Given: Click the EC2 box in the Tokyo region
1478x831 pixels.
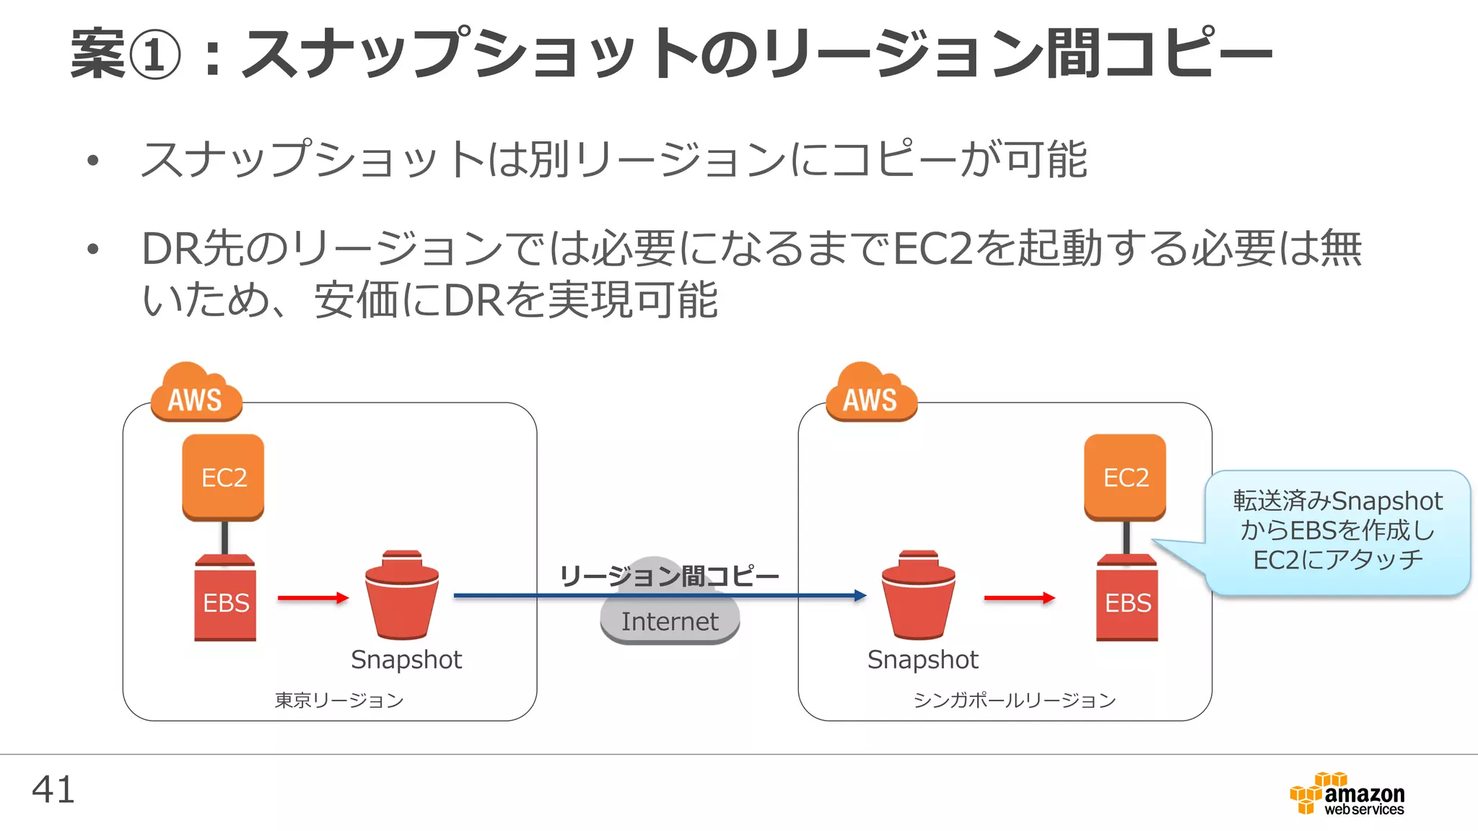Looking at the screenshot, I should pos(223,477).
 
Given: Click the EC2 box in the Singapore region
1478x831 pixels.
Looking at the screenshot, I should pos(1125,477).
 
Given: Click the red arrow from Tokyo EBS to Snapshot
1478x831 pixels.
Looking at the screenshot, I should pos(312,597).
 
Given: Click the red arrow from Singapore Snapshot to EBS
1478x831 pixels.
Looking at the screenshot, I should pos(1019,597).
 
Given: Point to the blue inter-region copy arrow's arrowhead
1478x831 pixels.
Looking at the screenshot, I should pos(860,596).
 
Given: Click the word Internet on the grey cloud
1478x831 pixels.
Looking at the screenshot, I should pos(670,622).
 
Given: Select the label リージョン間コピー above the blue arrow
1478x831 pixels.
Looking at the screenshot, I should pos(670,576).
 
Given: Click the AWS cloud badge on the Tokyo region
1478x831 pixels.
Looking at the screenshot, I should pos(196,395).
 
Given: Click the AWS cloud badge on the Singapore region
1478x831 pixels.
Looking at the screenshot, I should pos(871,395).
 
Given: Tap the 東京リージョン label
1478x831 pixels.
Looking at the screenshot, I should pos(338,700).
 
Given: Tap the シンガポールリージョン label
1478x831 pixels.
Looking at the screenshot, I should pos(1014,700).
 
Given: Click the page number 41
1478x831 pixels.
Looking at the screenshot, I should pos(53,790).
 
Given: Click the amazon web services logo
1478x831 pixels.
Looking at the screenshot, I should pos(1347,795).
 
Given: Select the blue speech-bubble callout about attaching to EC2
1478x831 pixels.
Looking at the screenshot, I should pos(1337,531).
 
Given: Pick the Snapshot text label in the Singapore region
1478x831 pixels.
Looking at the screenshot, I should pos(922,659).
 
